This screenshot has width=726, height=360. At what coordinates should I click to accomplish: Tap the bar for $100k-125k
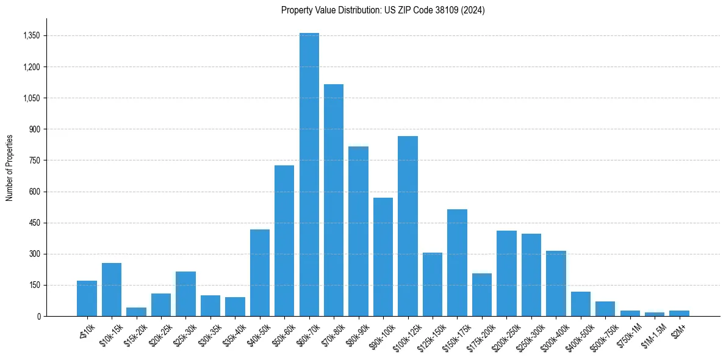point(408,226)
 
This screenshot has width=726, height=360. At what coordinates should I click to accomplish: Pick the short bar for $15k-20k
point(136,312)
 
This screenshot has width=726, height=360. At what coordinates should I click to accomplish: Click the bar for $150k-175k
point(457,262)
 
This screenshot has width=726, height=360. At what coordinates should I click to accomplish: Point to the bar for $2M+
point(679,313)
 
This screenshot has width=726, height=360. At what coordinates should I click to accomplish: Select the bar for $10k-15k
point(112,289)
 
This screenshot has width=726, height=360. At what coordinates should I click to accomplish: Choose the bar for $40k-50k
point(260,273)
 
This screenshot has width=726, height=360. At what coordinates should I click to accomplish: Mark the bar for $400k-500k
point(580,304)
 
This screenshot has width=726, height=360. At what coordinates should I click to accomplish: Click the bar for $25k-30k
point(185,293)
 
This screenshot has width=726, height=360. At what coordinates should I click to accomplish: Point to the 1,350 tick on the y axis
point(31,36)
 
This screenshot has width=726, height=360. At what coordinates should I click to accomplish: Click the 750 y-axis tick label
point(35,160)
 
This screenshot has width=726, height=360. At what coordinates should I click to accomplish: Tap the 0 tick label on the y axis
point(38,316)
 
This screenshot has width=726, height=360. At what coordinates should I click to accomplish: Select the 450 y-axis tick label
point(35,223)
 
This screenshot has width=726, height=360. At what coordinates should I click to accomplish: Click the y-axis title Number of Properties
point(10,167)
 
